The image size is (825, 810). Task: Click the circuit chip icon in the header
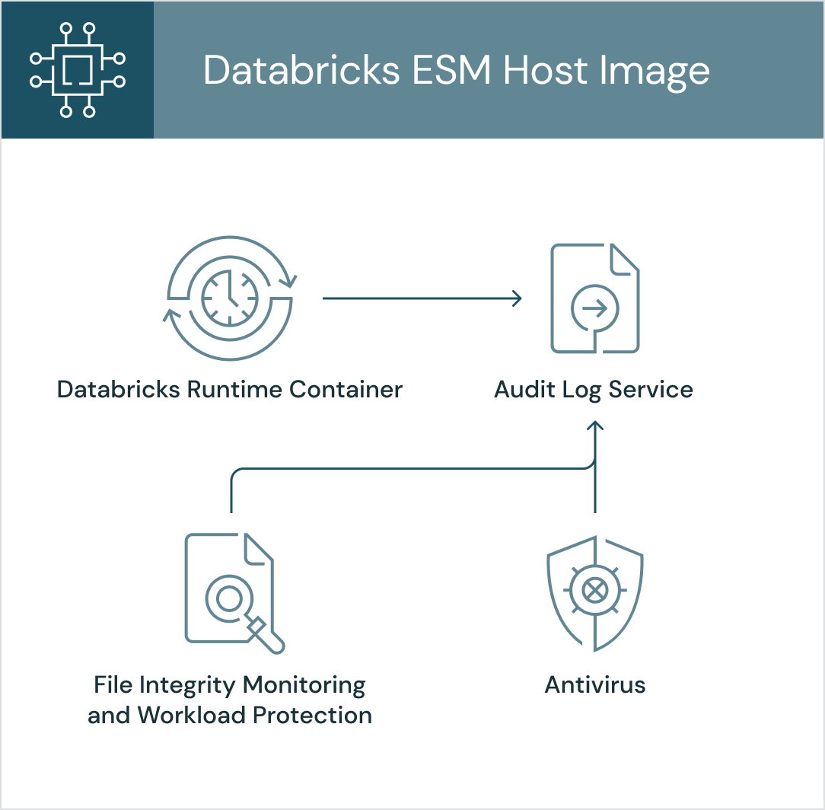(x=77, y=70)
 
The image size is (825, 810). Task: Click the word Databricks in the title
(x=301, y=71)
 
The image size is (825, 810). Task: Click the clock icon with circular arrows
(x=230, y=298)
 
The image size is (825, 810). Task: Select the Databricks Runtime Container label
(x=230, y=390)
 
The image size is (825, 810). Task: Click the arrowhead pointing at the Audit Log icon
(x=516, y=298)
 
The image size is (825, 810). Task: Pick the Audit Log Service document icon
(x=594, y=298)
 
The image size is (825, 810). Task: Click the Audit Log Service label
(x=594, y=390)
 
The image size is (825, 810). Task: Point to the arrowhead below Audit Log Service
(x=594, y=427)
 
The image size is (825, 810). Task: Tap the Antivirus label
(x=594, y=684)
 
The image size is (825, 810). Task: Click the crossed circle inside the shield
(x=594, y=589)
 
